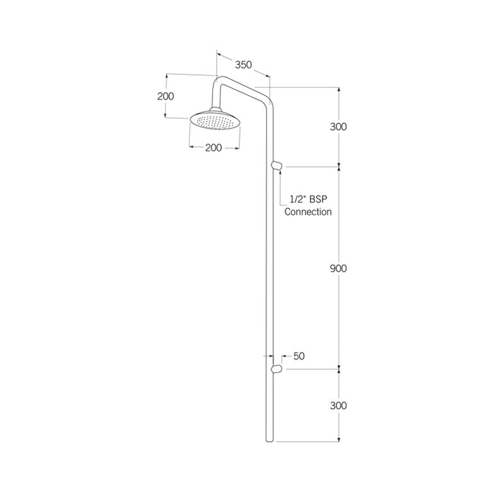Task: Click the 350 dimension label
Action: coord(243,64)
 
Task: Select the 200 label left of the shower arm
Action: coord(166,96)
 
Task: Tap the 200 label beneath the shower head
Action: coord(214,148)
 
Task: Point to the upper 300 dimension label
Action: coord(338,127)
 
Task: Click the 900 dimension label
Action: coord(338,268)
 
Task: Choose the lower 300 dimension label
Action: coord(338,406)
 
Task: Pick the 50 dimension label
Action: coord(299,356)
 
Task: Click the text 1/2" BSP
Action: coord(308,199)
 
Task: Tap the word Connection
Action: coord(308,212)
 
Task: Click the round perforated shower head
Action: coord(214,123)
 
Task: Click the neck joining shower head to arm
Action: coord(215,109)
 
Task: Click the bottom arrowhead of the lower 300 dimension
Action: coord(339,439)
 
